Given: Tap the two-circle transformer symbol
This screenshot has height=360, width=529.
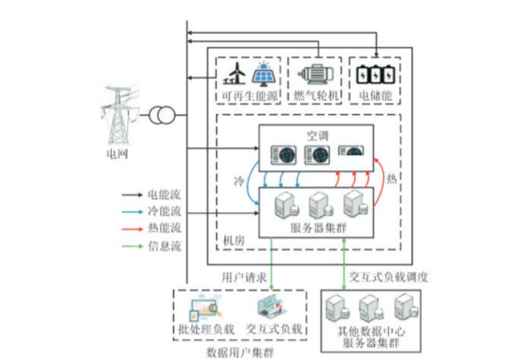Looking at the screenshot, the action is click(162, 115).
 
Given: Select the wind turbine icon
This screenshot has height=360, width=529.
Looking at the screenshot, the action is click(235, 73).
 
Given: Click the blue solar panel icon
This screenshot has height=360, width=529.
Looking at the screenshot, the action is click(264, 74).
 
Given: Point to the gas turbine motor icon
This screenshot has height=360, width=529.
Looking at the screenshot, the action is click(316, 75).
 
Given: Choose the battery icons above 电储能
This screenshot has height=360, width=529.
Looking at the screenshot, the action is click(376, 74).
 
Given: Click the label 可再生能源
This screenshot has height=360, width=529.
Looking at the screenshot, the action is click(250, 96).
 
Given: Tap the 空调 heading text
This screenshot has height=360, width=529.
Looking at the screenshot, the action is click(317, 136).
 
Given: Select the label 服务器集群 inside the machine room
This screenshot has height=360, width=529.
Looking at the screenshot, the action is click(318, 228).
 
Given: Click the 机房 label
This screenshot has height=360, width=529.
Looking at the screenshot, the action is click(234, 241).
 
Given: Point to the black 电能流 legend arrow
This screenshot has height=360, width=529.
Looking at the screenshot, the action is click(132, 194).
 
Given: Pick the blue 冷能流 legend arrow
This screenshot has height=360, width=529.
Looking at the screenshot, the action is click(132, 212).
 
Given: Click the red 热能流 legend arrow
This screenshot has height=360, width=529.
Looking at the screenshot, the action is click(132, 229).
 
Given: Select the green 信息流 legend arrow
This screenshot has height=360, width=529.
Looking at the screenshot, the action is click(132, 246).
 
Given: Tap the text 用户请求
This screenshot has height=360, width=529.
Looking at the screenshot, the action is click(244, 278).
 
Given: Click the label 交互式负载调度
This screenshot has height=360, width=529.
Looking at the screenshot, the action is click(388, 277).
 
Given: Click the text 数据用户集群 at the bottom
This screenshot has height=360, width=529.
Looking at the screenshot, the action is click(240, 353).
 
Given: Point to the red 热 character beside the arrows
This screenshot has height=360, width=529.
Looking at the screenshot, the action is click(392, 179).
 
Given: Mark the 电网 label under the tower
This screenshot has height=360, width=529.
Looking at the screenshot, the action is click(117, 154).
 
